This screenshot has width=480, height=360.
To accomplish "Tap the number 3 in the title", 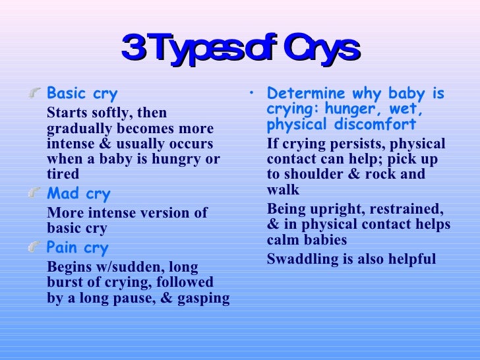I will [133, 49].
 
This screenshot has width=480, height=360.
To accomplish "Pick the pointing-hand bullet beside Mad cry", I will [36, 193].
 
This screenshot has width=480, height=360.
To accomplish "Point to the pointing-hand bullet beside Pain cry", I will [36, 247].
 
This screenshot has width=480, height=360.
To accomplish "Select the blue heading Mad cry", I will [78, 194].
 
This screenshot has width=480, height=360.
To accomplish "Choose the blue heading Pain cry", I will [77, 248].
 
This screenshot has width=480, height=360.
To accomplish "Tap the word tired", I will [63, 173].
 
